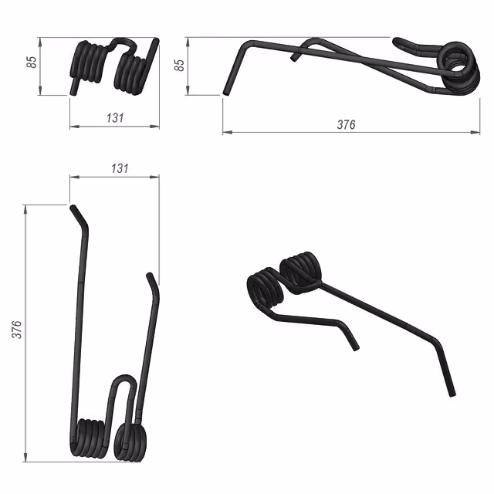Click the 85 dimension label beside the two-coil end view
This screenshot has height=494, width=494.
click(x=32, y=62)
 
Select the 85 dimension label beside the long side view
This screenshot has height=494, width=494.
click(x=179, y=65)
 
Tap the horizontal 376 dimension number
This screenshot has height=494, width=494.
click(x=346, y=125)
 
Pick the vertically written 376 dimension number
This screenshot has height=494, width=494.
click(x=17, y=330)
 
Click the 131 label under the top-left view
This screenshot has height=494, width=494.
click(x=115, y=118)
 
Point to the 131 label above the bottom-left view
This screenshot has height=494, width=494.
click(x=120, y=168)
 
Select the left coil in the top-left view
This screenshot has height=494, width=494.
click(x=87, y=63)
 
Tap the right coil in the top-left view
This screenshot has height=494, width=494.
click(x=130, y=73)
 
